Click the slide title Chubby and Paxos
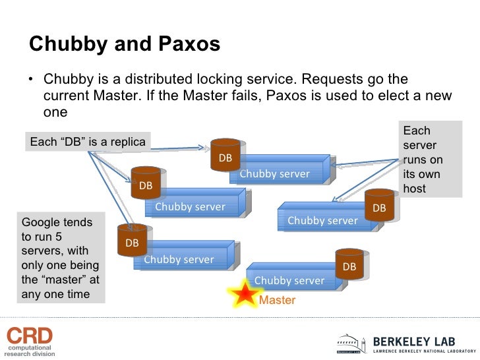coord(125,44)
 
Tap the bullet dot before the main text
coord(30,81)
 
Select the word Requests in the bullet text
coord(330,80)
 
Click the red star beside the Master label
coord(245,294)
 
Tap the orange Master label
coord(278,301)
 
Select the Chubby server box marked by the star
coord(290,280)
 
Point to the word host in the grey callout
coord(415,189)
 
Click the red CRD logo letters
coord(29,335)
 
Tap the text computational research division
coord(30,350)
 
